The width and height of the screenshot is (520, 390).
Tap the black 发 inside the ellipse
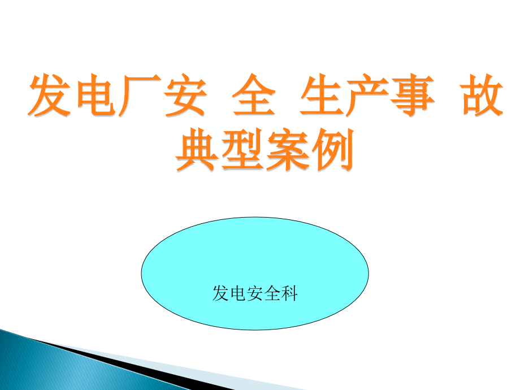(220, 293)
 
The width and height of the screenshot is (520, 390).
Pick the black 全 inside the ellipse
(272, 293)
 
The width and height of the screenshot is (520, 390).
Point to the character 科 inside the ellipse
(289, 293)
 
